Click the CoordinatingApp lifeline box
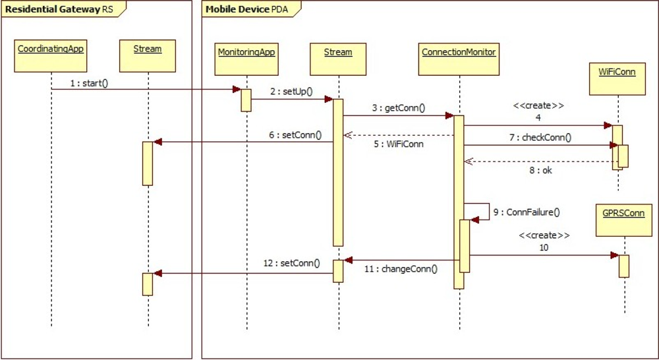click(51, 55)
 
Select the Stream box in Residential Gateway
click(148, 55)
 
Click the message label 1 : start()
click(89, 83)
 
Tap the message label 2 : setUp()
click(291, 92)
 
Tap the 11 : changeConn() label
click(403, 269)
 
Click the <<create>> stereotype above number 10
click(544, 235)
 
